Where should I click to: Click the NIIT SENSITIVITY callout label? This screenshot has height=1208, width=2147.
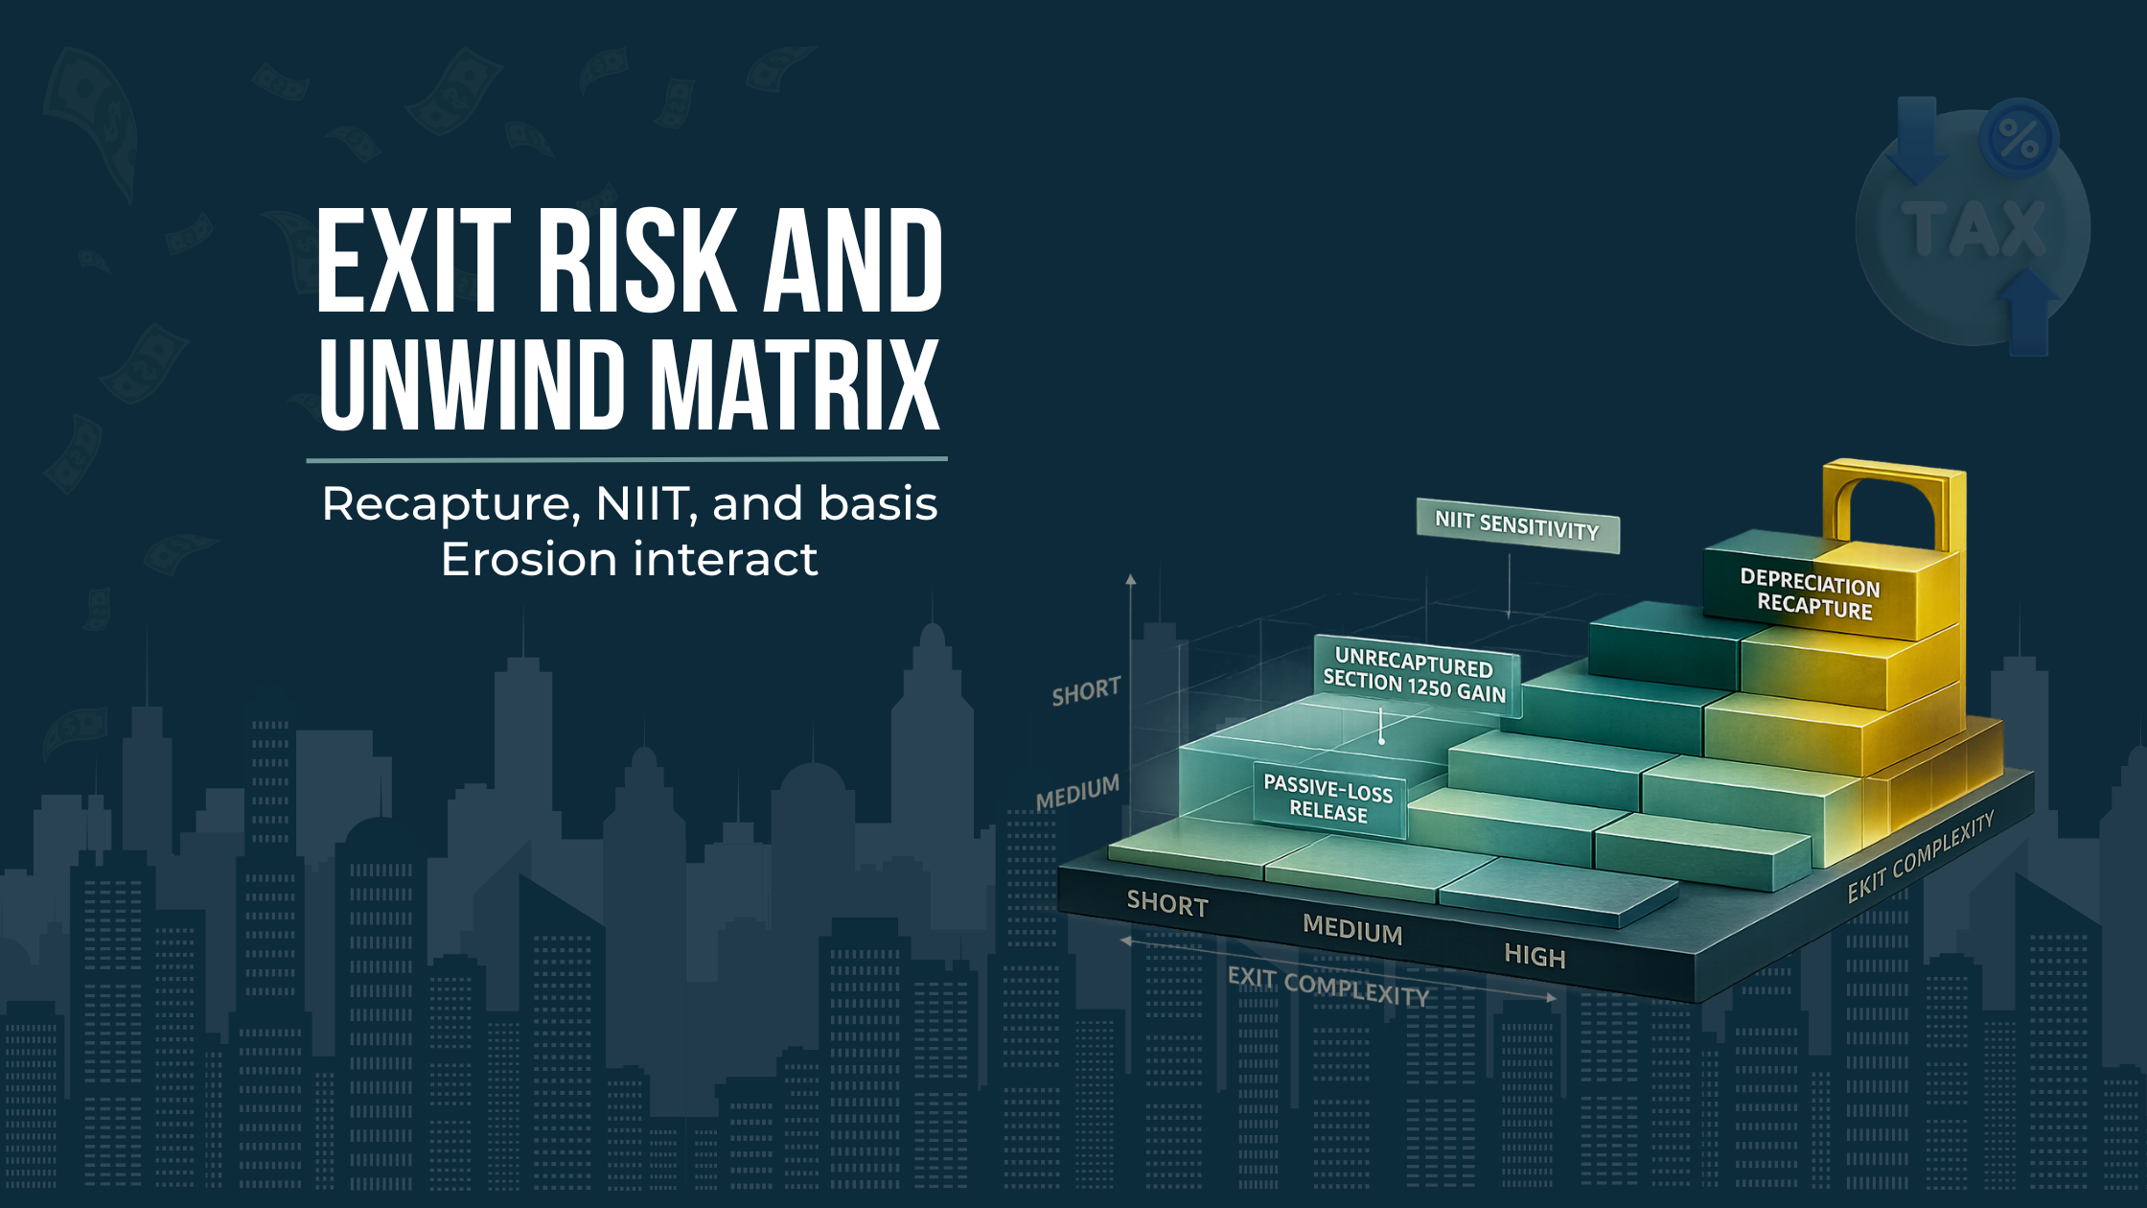[x=1517, y=525]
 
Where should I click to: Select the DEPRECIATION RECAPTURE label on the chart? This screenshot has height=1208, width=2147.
[x=1811, y=594]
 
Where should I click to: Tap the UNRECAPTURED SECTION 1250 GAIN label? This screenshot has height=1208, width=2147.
[x=1416, y=675]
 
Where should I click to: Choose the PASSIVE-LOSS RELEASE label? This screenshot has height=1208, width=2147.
[x=1328, y=799]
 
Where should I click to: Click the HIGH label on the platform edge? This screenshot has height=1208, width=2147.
[x=1535, y=955]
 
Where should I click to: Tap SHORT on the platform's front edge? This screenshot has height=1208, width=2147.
[x=1167, y=904]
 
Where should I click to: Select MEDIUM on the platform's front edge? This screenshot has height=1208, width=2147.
[x=1352, y=930]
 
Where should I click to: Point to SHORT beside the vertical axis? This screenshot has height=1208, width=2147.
[x=1086, y=691]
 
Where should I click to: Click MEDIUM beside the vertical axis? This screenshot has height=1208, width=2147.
[x=1077, y=793]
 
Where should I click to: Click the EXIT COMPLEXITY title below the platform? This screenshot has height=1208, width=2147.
[x=1328, y=986]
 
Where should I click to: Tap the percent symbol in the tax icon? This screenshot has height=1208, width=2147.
[x=2019, y=140]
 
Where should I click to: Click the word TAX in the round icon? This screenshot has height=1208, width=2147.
[x=1974, y=230]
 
